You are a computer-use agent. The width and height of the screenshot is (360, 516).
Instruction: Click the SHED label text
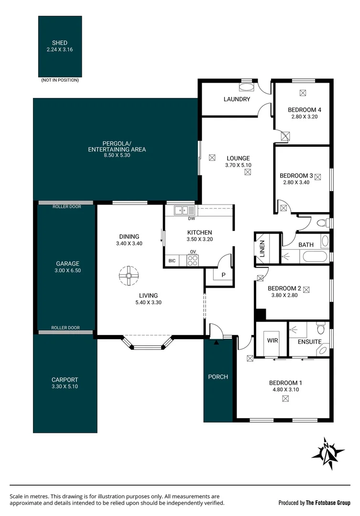(x=60, y=43)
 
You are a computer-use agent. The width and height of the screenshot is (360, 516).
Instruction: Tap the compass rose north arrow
(x=327, y=451)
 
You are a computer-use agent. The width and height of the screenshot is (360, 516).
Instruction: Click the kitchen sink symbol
(x=184, y=210)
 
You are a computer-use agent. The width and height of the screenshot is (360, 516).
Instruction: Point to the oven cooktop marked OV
(x=193, y=260)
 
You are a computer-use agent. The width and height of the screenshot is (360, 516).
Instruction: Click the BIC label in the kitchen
(x=172, y=261)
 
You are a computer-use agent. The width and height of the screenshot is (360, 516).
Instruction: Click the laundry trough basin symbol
(x=247, y=87)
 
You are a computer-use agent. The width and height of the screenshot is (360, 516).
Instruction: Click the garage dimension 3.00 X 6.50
(x=67, y=270)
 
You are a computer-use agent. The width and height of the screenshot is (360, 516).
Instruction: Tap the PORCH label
(x=218, y=377)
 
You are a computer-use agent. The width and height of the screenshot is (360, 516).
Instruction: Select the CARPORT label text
(x=65, y=380)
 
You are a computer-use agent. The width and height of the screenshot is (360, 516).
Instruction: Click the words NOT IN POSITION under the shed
(x=60, y=80)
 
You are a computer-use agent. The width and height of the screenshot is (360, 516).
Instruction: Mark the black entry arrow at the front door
(x=216, y=342)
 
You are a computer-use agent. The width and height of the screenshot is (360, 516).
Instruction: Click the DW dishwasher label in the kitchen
(x=192, y=219)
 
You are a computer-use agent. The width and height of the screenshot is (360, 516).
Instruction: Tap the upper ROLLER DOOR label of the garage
(x=67, y=206)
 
